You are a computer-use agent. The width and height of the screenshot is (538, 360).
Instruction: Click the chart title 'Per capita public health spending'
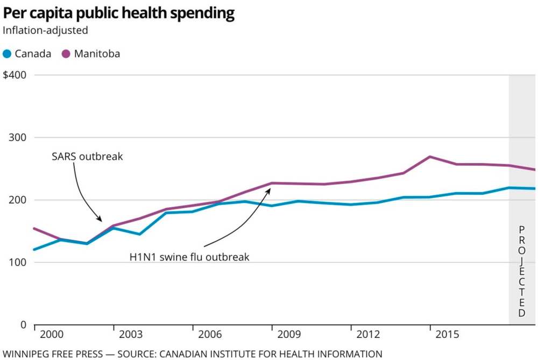[x=118, y=13]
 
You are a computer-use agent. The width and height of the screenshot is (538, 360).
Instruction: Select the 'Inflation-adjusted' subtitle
[x=45, y=30]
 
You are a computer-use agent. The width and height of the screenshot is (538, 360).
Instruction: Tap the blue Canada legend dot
[x=7, y=54]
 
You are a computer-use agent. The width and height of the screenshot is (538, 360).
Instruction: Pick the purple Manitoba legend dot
[x=66, y=54]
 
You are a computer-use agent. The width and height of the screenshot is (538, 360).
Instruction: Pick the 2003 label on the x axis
[x=131, y=335]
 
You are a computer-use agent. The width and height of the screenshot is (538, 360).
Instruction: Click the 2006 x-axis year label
[x=210, y=335]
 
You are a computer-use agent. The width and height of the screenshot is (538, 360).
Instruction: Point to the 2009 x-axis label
[x=289, y=335]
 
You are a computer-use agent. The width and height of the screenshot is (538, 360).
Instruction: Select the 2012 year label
[x=369, y=335]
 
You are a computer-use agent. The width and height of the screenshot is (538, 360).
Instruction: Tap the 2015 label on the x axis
[x=448, y=335]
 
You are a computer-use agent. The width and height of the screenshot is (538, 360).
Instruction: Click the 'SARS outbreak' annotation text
[x=87, y=157]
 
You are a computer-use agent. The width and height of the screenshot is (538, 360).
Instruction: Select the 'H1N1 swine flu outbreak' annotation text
[x=189, y=257]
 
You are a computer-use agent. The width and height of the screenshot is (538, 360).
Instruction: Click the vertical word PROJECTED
[x=521, y=271]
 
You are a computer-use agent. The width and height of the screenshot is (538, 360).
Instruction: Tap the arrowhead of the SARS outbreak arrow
[x=101, y=220]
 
